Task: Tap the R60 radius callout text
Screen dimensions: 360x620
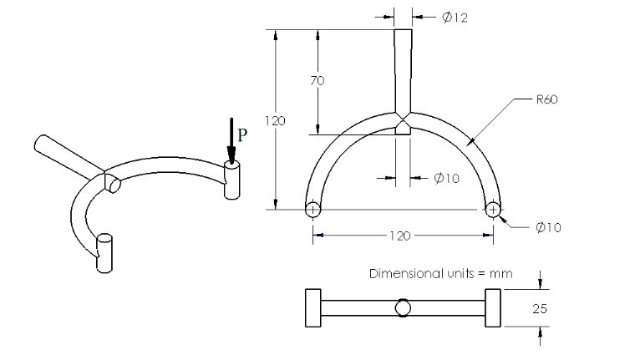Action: click(x=547, y=99)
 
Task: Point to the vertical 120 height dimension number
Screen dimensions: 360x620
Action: click(x=275, y=120)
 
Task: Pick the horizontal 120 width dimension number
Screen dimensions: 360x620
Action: click(x=399, y=236)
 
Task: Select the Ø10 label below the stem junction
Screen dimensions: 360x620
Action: click(x=447, y=177)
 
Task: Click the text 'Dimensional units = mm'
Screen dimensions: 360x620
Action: click(x=440, y=273)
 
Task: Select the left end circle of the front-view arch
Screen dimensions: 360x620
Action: click(x=313, y=210)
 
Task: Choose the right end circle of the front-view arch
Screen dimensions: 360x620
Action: click(x=492, y=210)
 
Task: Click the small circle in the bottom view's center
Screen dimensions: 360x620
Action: click(x=403, y=308)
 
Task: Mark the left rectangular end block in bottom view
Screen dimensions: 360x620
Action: click(x=313, y=308)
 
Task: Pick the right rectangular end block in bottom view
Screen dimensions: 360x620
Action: click(x=492, y=308)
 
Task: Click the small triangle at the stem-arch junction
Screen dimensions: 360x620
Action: click(x=403, y=127)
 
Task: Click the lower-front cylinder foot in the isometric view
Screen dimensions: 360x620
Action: click(x=104, y=252)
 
